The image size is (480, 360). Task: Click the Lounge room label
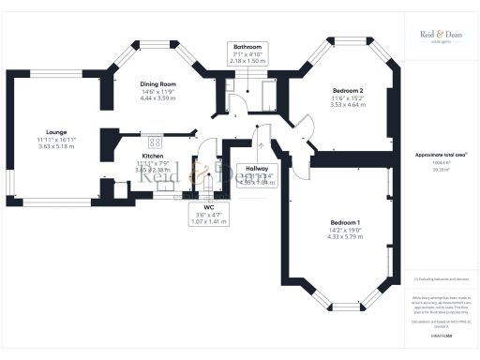click(55, 132)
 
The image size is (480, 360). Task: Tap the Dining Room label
click(158, 83)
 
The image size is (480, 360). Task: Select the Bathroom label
click(247, 46)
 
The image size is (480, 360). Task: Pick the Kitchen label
click(153, 156)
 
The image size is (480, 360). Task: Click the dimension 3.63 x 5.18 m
click(55, 146)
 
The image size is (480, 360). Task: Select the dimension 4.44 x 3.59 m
click(158, 97)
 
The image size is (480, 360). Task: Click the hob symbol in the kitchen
click(155, 141)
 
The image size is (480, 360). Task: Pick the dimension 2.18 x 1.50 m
click(247, 60)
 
